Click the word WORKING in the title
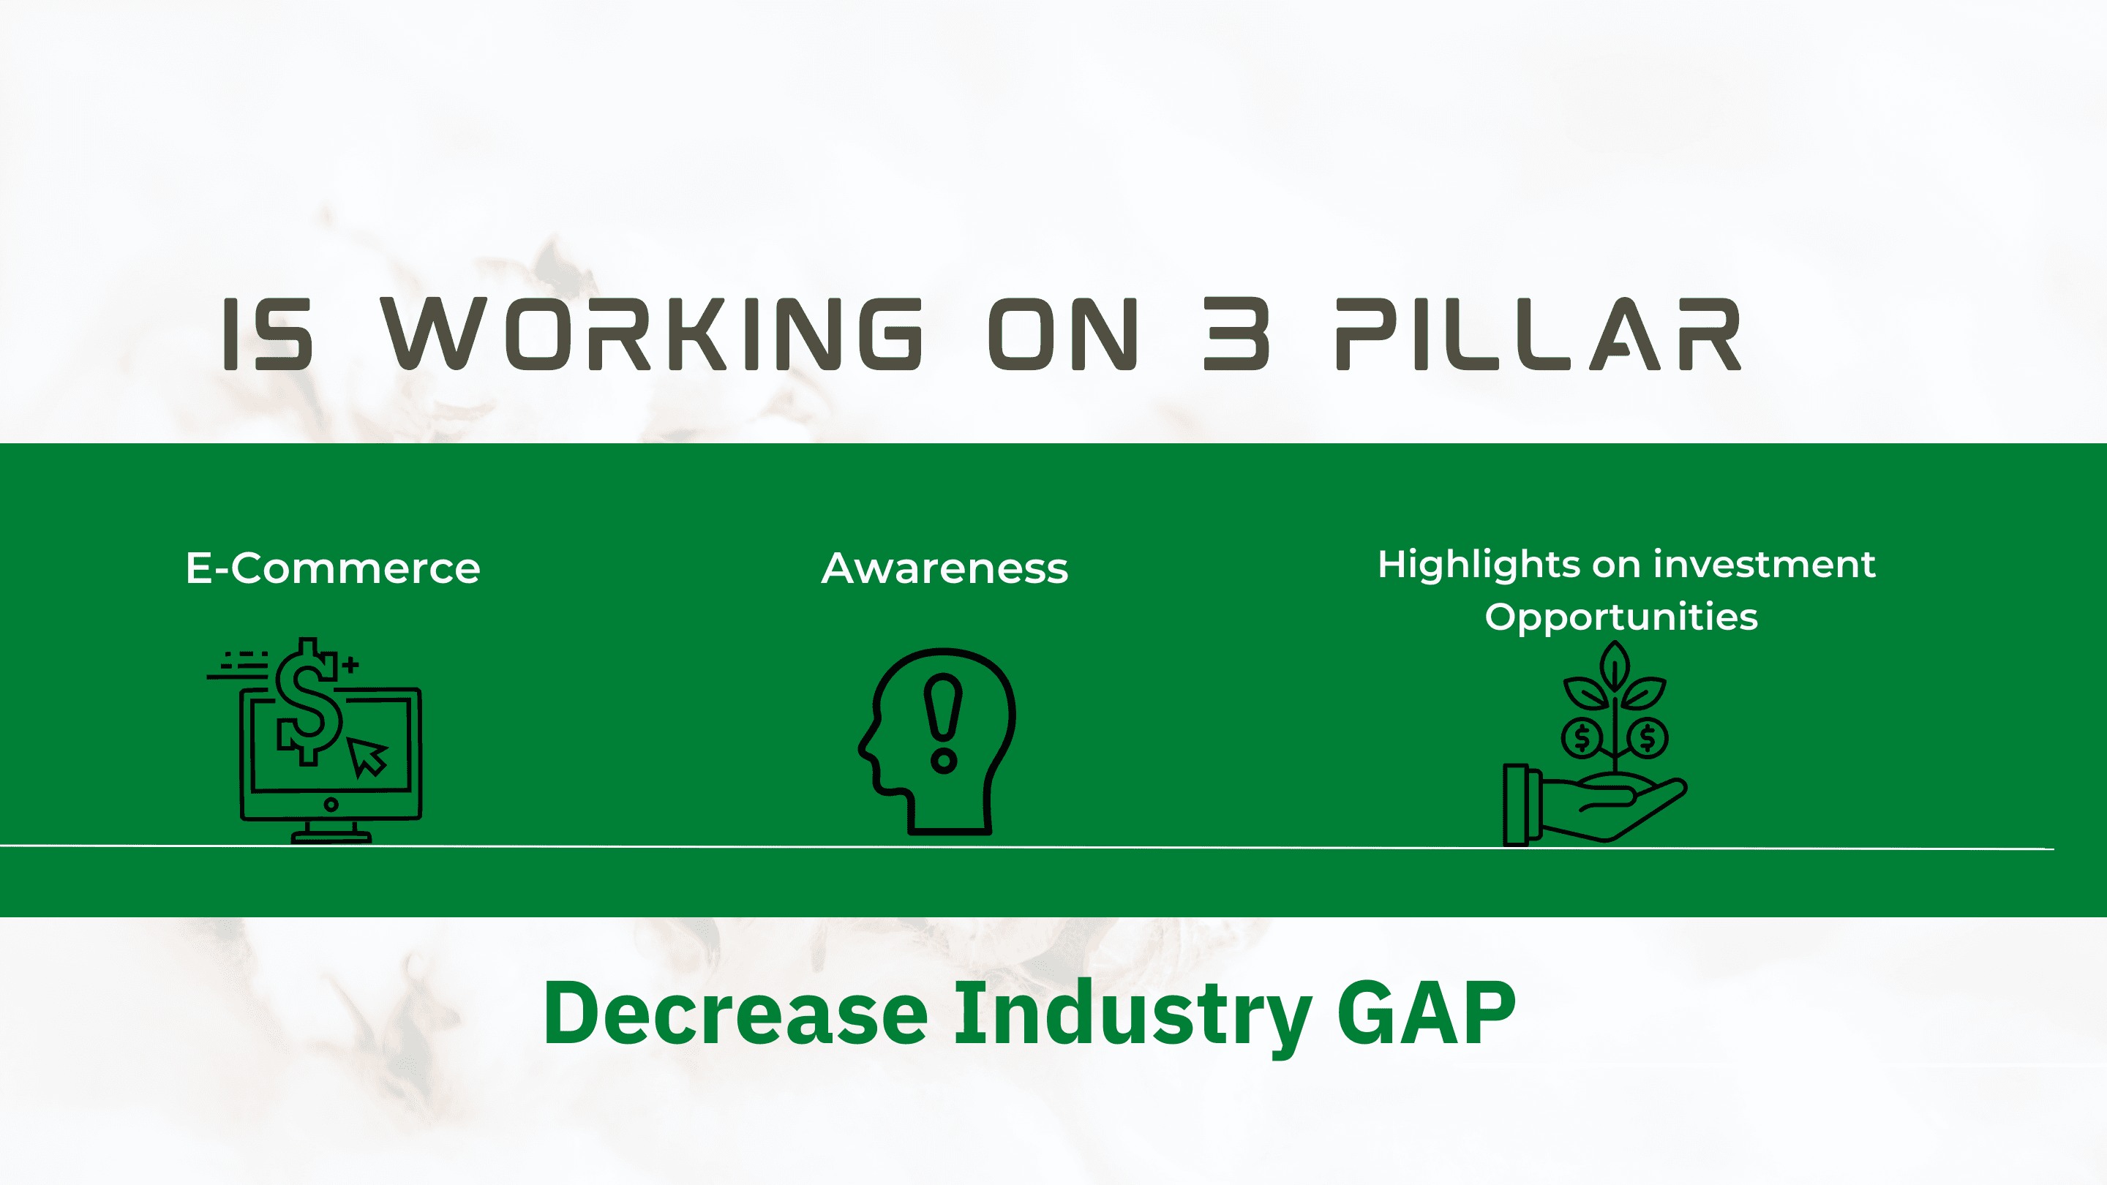pyautogui.click(x=653, y=334)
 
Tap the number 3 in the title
pyautogui.click(x=1236, y=334)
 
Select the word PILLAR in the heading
pyautogui.click(x=1539, y=334)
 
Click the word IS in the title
pyautogui.click(x=268, y=334)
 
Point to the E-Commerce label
pyautogui.click(x=333, y=568)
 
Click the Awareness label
pyautogui.click(x=944, y=568)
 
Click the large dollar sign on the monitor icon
pyautogui.click(x=308, y=701)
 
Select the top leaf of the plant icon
pyautogui.click(x=1615, y=666)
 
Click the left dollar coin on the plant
pyautogui.click(x=1582, y=737)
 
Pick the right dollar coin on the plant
pyautogui.click(x=1648, y=737)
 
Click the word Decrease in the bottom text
pyautogui.click(x=735, y=1014)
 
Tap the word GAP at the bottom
pyautogui.click(x=1427, y=1013)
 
